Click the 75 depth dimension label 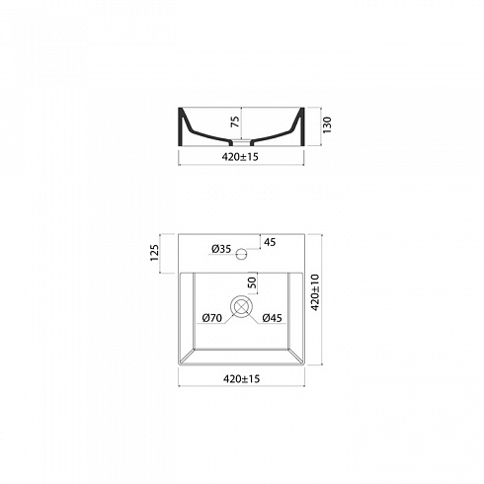click(x=235, y=121)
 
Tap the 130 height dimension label click(x=327, y=124)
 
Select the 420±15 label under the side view click(x=240, y=157)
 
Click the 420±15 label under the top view click(x=242, y=379)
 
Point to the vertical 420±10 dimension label click(x=315, y=292)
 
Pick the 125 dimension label click(x=154, y=253)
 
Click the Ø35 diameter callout click(x=221, y=249)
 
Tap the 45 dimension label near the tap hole click(x=270, y=242)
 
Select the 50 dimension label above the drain click(x=252, y=282)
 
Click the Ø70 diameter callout click(x=212, y=318)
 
